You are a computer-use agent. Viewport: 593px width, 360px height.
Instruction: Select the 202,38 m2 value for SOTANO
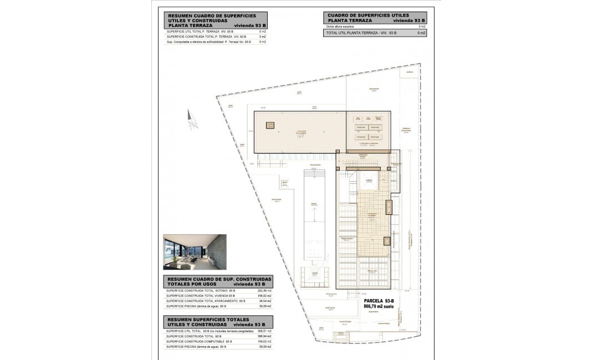265,290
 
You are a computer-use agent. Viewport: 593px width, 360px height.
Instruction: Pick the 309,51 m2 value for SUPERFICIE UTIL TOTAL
265,331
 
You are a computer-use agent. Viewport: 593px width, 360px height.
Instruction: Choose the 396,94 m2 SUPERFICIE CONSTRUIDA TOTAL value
265,336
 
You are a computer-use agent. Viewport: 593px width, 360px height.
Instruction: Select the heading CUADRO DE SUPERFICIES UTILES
368,16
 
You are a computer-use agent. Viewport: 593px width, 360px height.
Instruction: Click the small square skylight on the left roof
270,125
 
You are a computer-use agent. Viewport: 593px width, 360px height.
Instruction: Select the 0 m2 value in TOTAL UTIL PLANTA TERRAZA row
421,33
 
